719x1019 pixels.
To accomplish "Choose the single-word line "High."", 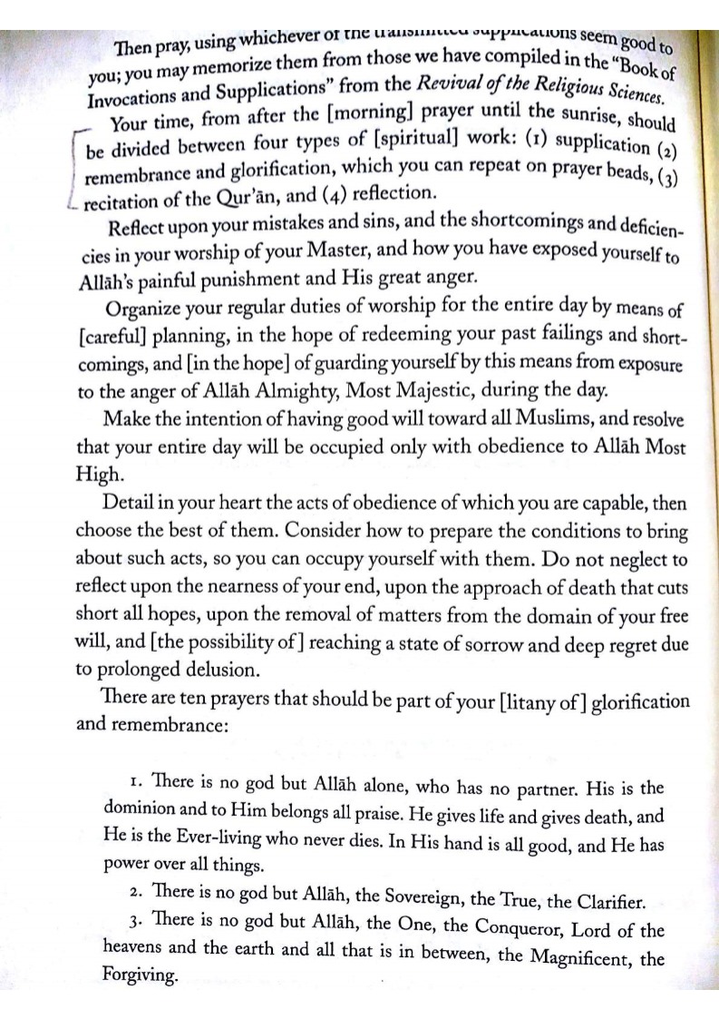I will [94, 475].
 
